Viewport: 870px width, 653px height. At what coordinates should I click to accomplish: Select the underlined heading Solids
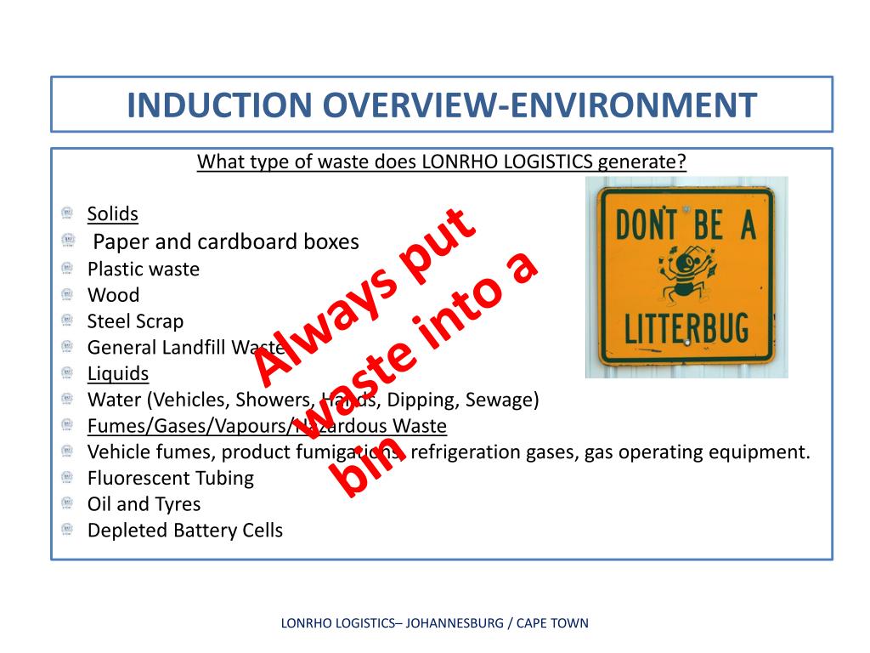(x=112, y=213)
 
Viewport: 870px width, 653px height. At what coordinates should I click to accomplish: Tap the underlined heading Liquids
(x=118, y=373)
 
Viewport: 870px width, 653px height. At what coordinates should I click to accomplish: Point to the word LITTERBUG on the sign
(x=686, y=326)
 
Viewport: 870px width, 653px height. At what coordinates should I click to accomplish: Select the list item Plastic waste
(x=144, y=269)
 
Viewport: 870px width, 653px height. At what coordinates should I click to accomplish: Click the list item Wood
(x=113, y=295)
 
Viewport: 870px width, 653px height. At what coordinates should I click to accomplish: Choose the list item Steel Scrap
(x=135, y=321)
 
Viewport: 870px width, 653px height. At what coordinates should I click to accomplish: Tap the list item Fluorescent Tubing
(x=170, y=478)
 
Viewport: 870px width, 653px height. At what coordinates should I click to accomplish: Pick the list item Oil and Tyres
(x=144, y=504)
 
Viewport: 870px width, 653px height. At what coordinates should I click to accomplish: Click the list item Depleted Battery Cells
(x=184, y=531)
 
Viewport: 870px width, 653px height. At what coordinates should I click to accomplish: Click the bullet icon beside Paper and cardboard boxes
(x=68, y=241)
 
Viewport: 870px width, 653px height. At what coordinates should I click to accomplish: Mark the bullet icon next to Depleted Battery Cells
(x=68, y=530)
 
